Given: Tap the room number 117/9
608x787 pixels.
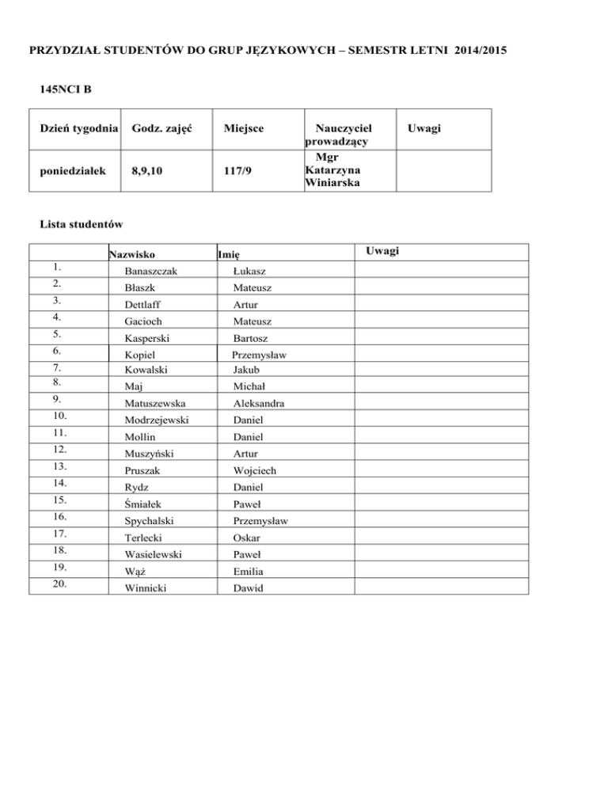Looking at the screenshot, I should [237, 169].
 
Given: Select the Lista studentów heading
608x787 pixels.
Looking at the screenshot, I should [81, 223].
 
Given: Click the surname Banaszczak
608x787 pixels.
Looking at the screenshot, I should [150, 272].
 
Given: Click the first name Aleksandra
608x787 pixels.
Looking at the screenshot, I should [260, 404].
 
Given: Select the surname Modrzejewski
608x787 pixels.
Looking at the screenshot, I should [156, 420].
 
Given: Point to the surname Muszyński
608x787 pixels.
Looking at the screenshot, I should [149, 454].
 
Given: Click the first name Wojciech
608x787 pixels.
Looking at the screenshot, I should [255, 470].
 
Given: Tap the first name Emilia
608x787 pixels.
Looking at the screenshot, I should [249, 570].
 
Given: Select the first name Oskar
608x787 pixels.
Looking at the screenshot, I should [246, 537].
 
